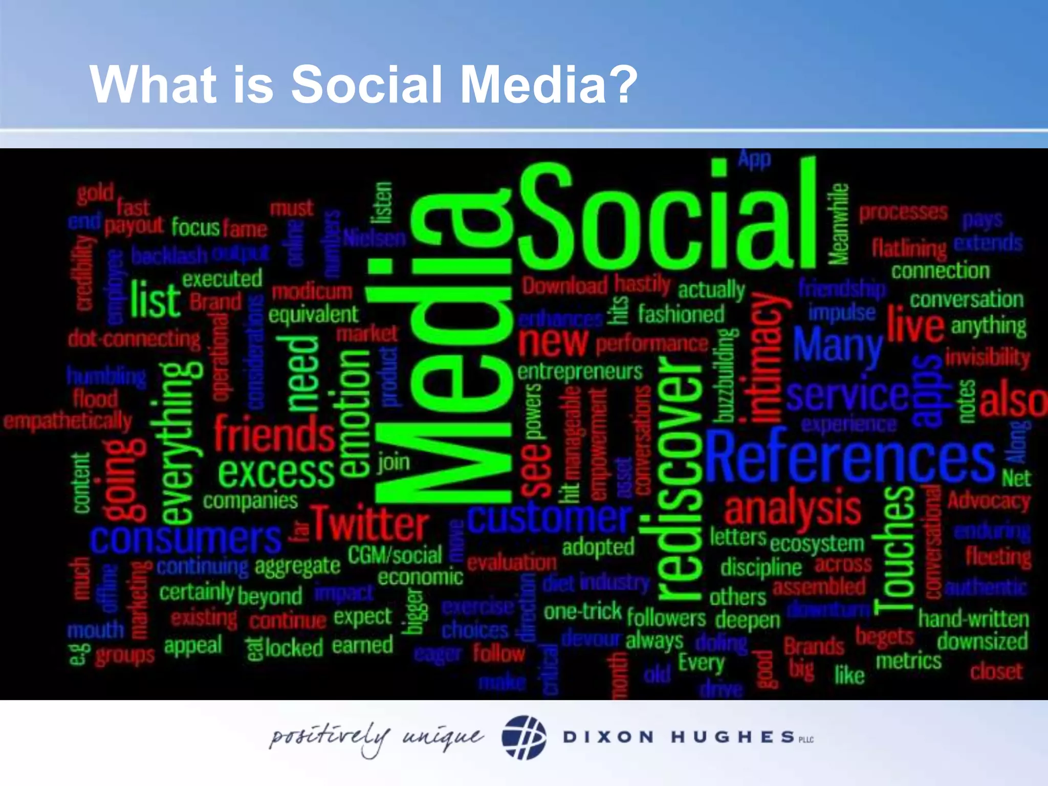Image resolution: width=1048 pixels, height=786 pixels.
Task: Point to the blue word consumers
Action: (x=185, y=539)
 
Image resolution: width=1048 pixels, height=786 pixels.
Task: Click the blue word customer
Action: (x=549, y=518)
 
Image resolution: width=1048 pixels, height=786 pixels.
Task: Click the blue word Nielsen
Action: (x=375, y=238)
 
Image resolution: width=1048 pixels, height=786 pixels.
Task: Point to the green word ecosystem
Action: (x=817, y=544)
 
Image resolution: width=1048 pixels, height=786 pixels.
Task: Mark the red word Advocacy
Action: (x=989, y=501)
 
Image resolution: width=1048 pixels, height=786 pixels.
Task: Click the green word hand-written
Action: (x=973, y=619)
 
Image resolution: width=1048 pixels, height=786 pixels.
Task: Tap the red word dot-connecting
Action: (x=134, y=339)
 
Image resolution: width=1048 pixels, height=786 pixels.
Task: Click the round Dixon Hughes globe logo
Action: (x=523, y=737)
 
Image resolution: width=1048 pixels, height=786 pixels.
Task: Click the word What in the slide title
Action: (x=153, y=84)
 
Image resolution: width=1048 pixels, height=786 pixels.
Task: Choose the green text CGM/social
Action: (x=395, y=555)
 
